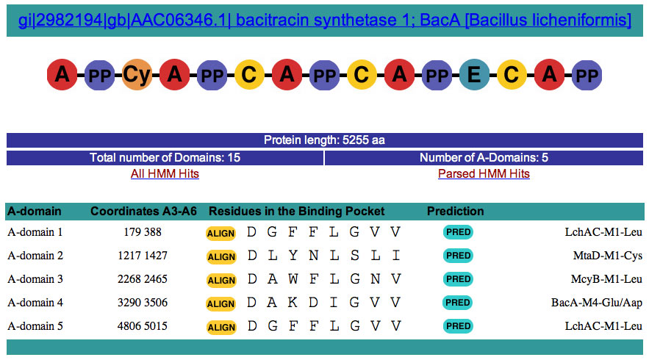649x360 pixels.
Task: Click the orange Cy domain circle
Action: pos(137,74)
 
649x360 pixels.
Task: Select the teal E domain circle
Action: pos(474,74)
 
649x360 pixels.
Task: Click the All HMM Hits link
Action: pos(165,173)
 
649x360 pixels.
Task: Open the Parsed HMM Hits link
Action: pos(484,173)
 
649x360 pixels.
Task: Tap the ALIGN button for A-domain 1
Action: pos(221,234)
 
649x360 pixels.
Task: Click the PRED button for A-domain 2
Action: pos(458,256)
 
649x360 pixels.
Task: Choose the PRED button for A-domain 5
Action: pos(458,326)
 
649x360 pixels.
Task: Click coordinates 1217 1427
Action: pos(143,256)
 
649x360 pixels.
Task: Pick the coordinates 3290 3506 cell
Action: pos(143,303)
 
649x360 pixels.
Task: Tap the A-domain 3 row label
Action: pos(35,279)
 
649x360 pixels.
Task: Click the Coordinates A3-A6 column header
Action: pos(143,212)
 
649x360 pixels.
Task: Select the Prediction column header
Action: pos(455,212)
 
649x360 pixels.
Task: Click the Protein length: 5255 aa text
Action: pos(324,140)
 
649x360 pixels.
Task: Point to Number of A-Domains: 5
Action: pos(484,157)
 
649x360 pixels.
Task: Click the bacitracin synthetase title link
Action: pos(324,20)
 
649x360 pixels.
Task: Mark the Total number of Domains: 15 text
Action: pos(165,157)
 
